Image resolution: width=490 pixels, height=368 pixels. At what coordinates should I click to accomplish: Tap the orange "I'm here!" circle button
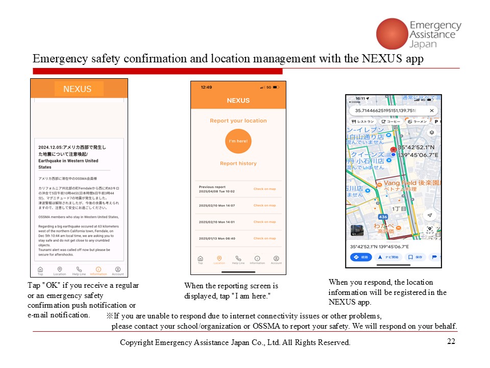click(238, 141)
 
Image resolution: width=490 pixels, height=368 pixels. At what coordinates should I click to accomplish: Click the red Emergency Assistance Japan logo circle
click(391, 33)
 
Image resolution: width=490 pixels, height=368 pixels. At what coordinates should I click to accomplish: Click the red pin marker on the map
click(393, 150)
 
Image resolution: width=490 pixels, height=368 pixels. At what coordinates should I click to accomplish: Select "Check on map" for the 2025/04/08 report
click(264, 189)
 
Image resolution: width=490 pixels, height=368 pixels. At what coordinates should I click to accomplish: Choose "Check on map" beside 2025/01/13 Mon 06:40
click(264, 238)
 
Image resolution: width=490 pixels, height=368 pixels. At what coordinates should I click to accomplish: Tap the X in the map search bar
click(432, 110)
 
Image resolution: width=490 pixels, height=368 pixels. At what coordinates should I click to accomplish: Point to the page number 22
click(451, 342)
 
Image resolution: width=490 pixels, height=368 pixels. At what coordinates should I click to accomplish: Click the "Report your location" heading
click(238, 121)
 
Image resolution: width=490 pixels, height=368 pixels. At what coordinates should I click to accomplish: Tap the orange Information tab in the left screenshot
click(99, 270)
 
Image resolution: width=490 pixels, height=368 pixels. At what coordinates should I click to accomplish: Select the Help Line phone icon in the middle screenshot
click(238, 259)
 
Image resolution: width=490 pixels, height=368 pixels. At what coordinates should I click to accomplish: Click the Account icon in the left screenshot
click(118, 270)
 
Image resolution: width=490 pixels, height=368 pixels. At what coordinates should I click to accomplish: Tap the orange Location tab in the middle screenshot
click(219, 259)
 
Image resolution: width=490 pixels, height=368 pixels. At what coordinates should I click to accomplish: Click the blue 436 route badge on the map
click(383, 217)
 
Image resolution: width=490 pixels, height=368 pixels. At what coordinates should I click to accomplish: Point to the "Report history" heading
click(238, 164)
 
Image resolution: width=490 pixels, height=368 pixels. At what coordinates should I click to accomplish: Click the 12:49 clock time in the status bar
click(206, 87)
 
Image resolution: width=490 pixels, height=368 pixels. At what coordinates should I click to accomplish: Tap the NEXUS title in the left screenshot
click(78, 89)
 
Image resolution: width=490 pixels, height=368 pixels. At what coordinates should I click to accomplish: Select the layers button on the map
click(431, 132)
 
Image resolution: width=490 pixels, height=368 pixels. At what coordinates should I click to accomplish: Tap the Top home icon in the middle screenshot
click(200, 259)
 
